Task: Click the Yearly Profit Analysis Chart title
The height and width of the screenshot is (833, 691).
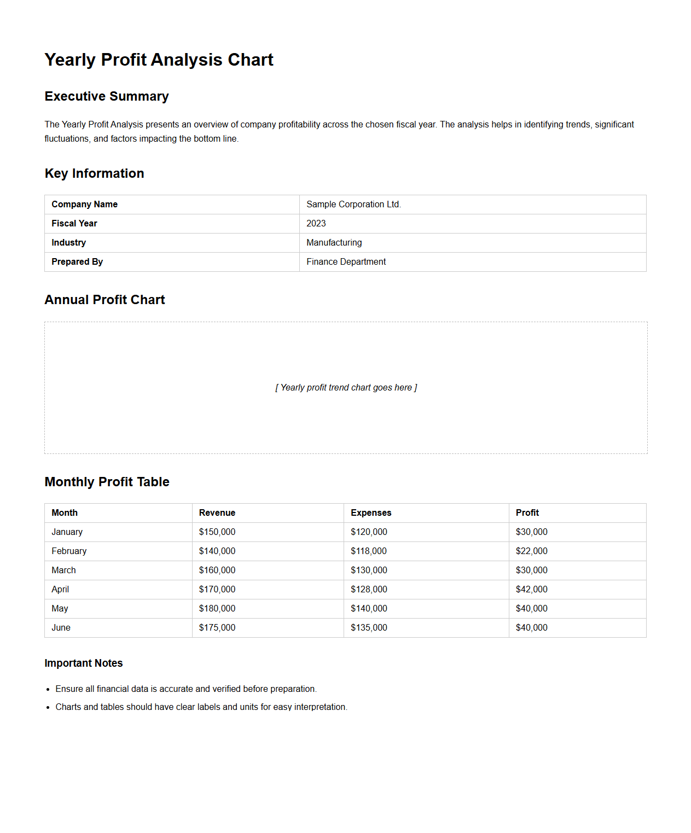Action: (x=159, y=60)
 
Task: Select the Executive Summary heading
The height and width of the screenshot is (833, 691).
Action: (x=107, y=96)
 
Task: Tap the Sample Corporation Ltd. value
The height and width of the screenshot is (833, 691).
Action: (x=353, y=204)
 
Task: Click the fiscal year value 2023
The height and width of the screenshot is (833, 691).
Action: (x=316, y=223)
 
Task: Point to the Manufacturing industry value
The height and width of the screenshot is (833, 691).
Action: (x=334, y=242)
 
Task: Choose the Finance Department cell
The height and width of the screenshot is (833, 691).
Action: (x=346, y=261)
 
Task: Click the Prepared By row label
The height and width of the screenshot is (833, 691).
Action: (x=77, y=261)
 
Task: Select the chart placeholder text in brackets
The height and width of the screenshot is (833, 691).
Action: (x=346, y=387)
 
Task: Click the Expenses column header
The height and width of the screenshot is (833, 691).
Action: (x=371, y=512)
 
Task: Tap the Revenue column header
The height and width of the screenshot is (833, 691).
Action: (x=217, y=512)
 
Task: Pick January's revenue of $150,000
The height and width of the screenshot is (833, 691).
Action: (x=217, y=532)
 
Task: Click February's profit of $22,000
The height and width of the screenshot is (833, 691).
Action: (x=531, y=551)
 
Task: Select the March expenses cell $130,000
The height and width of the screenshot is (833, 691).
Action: (x=369, y=570)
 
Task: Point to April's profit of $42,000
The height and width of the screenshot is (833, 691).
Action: (x=531, y=589)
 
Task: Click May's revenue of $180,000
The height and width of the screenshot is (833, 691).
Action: (x=217, y=608)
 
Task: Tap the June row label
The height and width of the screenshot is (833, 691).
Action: (x=61, y=627)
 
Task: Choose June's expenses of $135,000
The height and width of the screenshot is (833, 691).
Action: (x=369, y=627)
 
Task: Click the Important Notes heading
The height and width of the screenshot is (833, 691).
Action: (x=84, y=663)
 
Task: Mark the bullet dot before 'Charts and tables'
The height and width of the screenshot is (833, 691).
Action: (x=48, y=708)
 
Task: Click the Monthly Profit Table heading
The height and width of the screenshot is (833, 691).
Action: (x=107, y=482)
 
